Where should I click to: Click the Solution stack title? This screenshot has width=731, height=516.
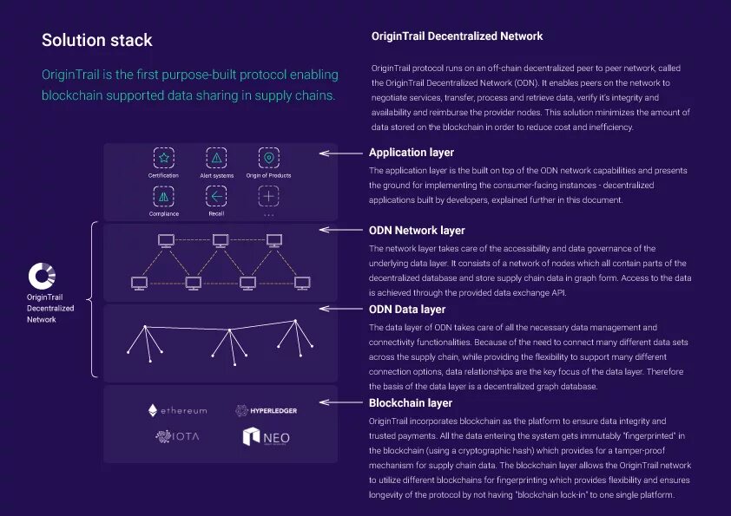(97, 40)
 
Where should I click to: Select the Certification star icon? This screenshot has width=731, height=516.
(162, 158)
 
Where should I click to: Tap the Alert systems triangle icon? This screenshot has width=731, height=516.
(216, 158)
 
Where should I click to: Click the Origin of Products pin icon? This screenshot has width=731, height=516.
(269, 158)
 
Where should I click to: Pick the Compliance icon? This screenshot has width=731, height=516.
(162, 196)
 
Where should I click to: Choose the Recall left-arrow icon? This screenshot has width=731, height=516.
(216, 196)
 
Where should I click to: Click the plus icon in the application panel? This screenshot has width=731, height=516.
(269, 196)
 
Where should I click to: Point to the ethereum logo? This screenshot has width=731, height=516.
(177, 410)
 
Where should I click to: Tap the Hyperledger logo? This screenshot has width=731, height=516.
(266, 410)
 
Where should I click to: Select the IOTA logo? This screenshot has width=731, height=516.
(177, 436)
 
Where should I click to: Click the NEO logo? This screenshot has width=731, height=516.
(266, 437)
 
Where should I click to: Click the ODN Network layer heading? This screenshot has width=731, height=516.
(417, 231)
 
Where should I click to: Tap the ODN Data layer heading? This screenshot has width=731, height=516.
(407, 309)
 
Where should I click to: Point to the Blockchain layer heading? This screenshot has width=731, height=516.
(411, 403)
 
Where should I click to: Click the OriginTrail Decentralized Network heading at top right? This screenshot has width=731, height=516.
(457, 36)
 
